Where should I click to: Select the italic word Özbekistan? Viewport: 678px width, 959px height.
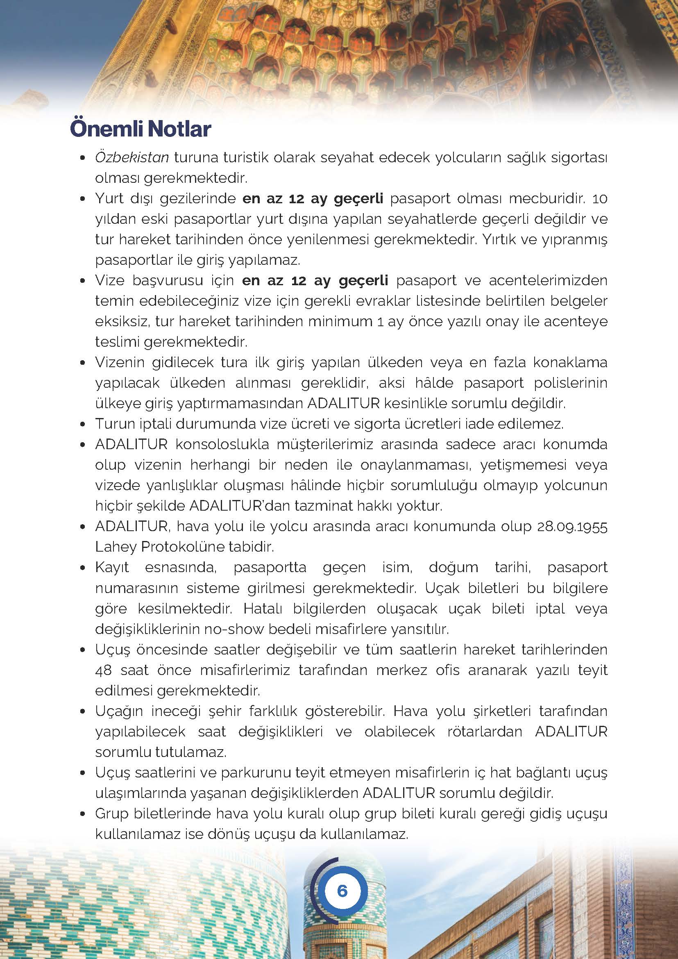point(132,158)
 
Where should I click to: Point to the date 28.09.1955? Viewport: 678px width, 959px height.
point(572,527)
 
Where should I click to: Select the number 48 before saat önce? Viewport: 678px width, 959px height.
point(104,670)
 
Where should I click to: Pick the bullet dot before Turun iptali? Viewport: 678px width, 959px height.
point(83,424)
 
